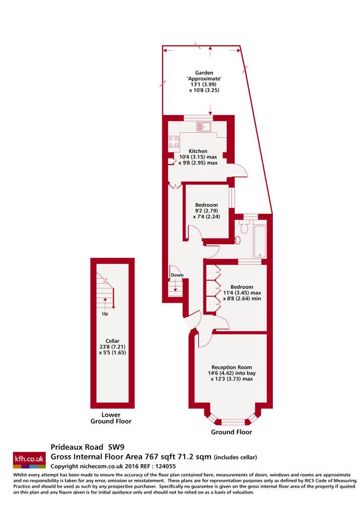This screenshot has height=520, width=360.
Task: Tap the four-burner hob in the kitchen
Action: coord(174,142)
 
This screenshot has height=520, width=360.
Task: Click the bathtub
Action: coord(260,241)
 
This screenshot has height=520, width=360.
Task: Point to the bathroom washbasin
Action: coord(238,240)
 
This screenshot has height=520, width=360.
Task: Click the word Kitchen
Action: coord(198,151)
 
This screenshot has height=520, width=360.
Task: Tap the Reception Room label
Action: coord(232,367)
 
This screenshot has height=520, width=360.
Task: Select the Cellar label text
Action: coord(112,341)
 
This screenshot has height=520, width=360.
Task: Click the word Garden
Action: coord(204,73)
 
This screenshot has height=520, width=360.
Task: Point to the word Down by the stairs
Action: coord(177,275)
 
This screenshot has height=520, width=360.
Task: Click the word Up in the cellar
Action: coord(105,314)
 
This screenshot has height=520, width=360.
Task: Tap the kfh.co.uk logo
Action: coord(29,460)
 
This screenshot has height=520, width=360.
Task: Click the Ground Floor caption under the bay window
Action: coord(232,432)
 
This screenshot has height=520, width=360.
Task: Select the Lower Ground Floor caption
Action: coord(111,418)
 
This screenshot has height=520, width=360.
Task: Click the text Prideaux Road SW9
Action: coord(88,447)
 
